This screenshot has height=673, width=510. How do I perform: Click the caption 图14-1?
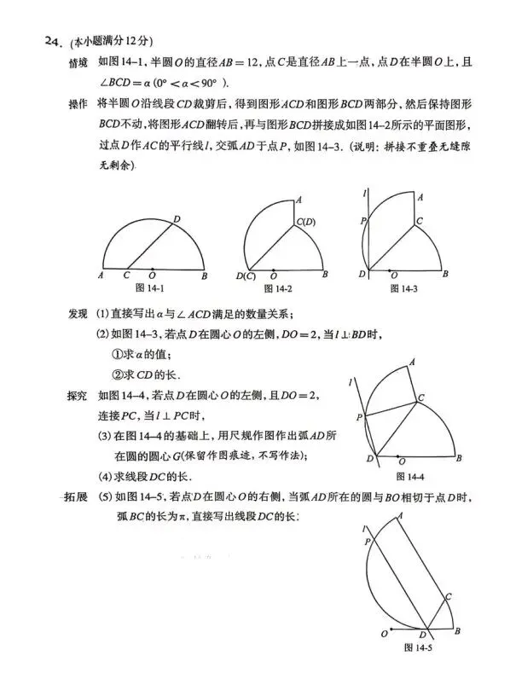tap(151, 289)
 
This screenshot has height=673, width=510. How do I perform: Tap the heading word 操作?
tap(78, 104)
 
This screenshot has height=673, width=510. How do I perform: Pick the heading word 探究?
tap(78, 396)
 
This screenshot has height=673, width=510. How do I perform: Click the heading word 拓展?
tap(78, 496)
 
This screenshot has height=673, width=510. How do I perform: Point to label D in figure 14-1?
tap(177, 220)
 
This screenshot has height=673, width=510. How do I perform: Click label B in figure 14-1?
tap(205, 275)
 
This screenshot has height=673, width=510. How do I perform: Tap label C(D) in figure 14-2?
tap(305, 223)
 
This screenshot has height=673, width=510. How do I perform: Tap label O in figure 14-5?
tap(384, 634)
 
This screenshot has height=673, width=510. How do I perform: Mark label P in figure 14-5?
tap(368, 541)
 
